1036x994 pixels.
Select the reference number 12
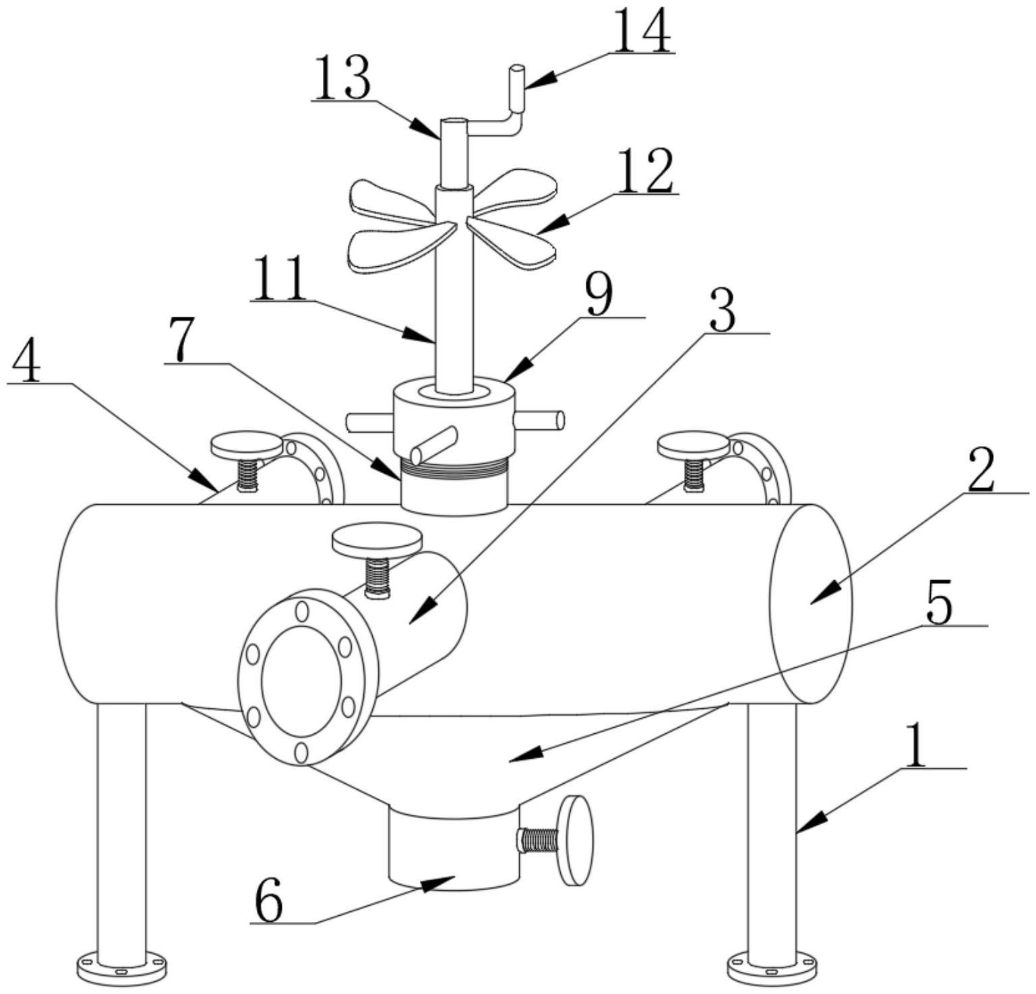click(644, 172)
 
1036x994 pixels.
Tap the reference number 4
click(26, 362)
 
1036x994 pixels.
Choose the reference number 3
click(723, 312)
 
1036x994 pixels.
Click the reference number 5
click(939, 602)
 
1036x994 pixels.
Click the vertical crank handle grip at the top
click(517, 88)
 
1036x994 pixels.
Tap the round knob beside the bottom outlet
click(578, 840)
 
